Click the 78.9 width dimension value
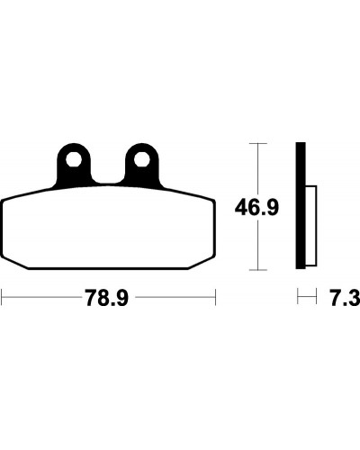coord(107,298)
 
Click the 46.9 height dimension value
coord(256,208)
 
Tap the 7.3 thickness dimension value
coord(345,298)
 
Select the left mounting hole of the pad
coord(74,159)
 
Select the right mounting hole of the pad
coord(141,159)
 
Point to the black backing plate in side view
coord(301,205)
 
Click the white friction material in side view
coord(311,226)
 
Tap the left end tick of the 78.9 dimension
coord(2,297)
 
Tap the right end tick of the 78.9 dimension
coord(215,297)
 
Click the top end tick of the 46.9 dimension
coord(258,144)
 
